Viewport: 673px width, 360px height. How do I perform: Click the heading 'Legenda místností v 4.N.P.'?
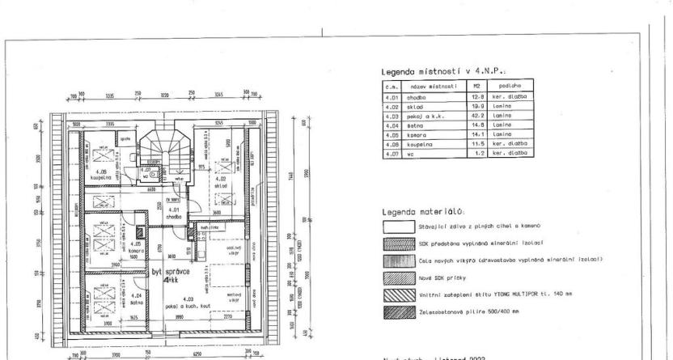click(x=436, y=72)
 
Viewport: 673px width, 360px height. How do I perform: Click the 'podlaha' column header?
click(x=510, y=85)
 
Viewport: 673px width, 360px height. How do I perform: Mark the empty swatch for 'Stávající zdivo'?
click(x=396, y=227)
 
